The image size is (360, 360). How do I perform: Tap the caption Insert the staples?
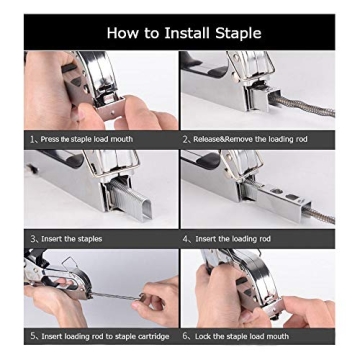71,239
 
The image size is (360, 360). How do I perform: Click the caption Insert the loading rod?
232,239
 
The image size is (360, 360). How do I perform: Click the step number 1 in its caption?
32,139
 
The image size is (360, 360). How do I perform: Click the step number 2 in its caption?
185,139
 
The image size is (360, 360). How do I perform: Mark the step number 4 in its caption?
185,239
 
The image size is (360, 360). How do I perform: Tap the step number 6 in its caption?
185,337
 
